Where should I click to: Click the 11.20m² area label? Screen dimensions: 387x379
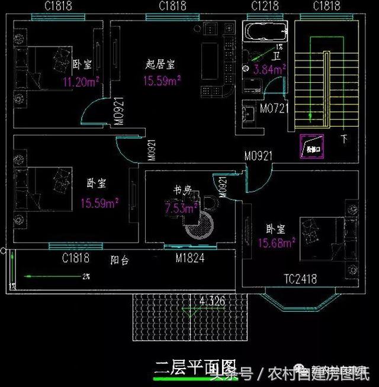pyautogui.click(x=81, y=82)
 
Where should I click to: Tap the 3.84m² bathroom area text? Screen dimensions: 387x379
pyautogui.click(x=269, y=69)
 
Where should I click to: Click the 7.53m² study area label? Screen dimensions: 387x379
pyautogui.click(x=181, y=208)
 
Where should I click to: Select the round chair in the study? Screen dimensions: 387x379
pyautogui.click(x=200, y=226)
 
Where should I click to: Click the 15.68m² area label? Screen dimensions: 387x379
pyautogui.click(x=277, y=243)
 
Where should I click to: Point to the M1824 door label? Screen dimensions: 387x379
pyautogui.click(x=190, y=258)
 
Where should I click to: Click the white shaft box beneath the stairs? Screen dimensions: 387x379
pyautogui.click(x=310, y=147)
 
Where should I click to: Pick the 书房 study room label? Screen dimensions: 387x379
pyautogui.click(x=182, y=190)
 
